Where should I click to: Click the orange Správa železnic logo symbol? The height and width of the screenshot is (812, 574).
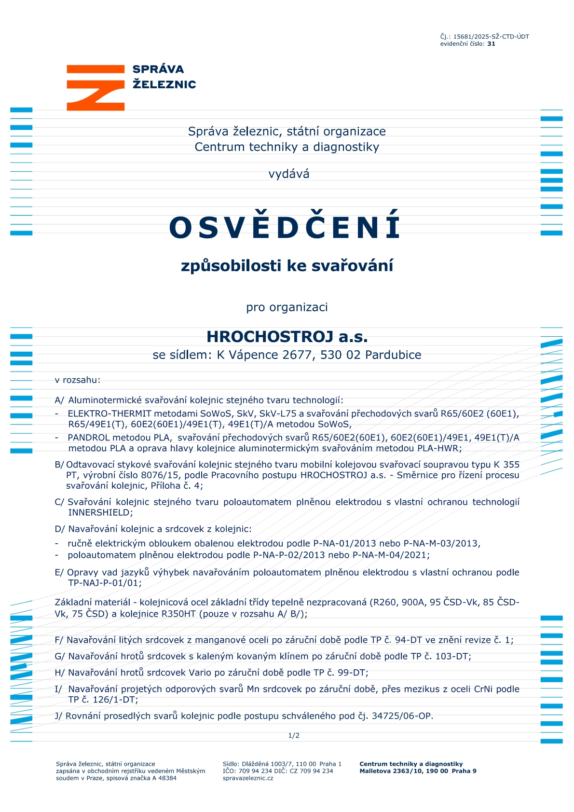point(96,87)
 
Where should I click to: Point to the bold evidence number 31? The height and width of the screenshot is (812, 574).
point(491,44)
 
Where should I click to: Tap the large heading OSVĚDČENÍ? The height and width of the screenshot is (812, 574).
point(285,227)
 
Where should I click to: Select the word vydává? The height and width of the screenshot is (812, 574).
point(288,174)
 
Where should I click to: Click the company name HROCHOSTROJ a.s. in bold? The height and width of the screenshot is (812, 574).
point(287,337)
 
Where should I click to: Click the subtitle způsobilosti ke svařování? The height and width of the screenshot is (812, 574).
point(287,265)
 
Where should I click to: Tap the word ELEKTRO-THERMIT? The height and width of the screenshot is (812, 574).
point(109,413)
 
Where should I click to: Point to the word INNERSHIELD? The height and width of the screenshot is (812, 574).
point(99,512)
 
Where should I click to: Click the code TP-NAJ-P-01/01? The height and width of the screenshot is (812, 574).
point(103,583)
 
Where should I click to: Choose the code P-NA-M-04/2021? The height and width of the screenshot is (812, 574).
point(390,555)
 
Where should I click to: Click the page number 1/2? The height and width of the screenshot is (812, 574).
point(294,735)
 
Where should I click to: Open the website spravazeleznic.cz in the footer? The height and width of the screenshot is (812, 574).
point(248,778)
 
